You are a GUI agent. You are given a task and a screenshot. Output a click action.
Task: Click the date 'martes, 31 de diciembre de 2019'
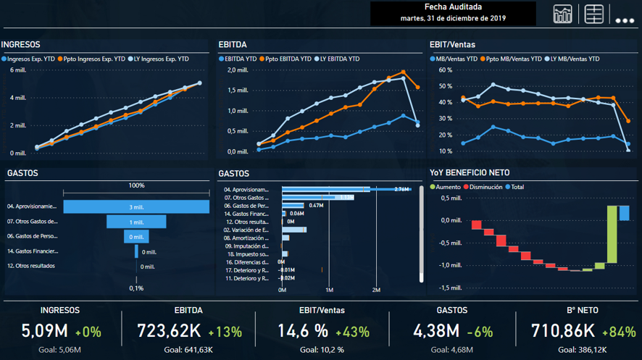click(x=453, y=18)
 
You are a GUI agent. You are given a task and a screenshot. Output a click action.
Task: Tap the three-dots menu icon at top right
click(x=625, y=20)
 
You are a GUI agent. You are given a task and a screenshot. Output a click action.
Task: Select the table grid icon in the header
click(x=594, y=14)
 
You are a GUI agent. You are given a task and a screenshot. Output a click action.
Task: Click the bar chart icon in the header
click(x=563, y=14)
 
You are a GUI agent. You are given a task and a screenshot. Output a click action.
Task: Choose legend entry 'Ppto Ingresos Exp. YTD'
click(x=93, y=59)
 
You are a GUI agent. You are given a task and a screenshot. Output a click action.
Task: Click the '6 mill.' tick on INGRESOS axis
click(x=18, y=70)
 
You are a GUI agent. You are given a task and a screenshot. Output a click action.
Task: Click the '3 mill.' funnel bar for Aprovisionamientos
click(x=136, y=206)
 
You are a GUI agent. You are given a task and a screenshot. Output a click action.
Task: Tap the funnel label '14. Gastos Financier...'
click(x=33, y=251)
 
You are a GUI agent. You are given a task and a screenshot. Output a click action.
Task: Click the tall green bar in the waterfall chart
click(x=612, y=234)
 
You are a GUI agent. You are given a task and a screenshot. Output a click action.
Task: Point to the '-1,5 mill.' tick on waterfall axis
click(x=450, y=288)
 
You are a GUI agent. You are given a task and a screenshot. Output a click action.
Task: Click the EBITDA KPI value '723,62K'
click(x=170, y=331)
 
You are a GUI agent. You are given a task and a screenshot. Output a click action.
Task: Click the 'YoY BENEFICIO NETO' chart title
click(x=469, y=172)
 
